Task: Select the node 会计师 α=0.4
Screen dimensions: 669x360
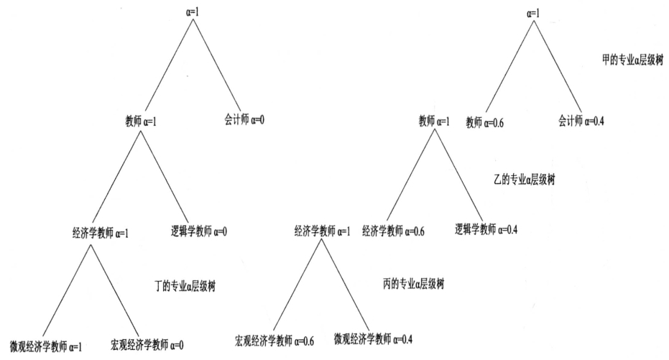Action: coord(581,121)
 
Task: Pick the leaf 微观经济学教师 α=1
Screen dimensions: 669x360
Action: coord(46,346)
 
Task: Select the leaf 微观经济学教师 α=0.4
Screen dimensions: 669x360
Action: coord(373,338)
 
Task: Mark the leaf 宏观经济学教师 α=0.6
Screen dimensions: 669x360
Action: coord(274,340)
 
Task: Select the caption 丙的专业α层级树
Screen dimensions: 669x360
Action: coord(414,284)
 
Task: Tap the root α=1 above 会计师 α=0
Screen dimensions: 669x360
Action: coord(190,11)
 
